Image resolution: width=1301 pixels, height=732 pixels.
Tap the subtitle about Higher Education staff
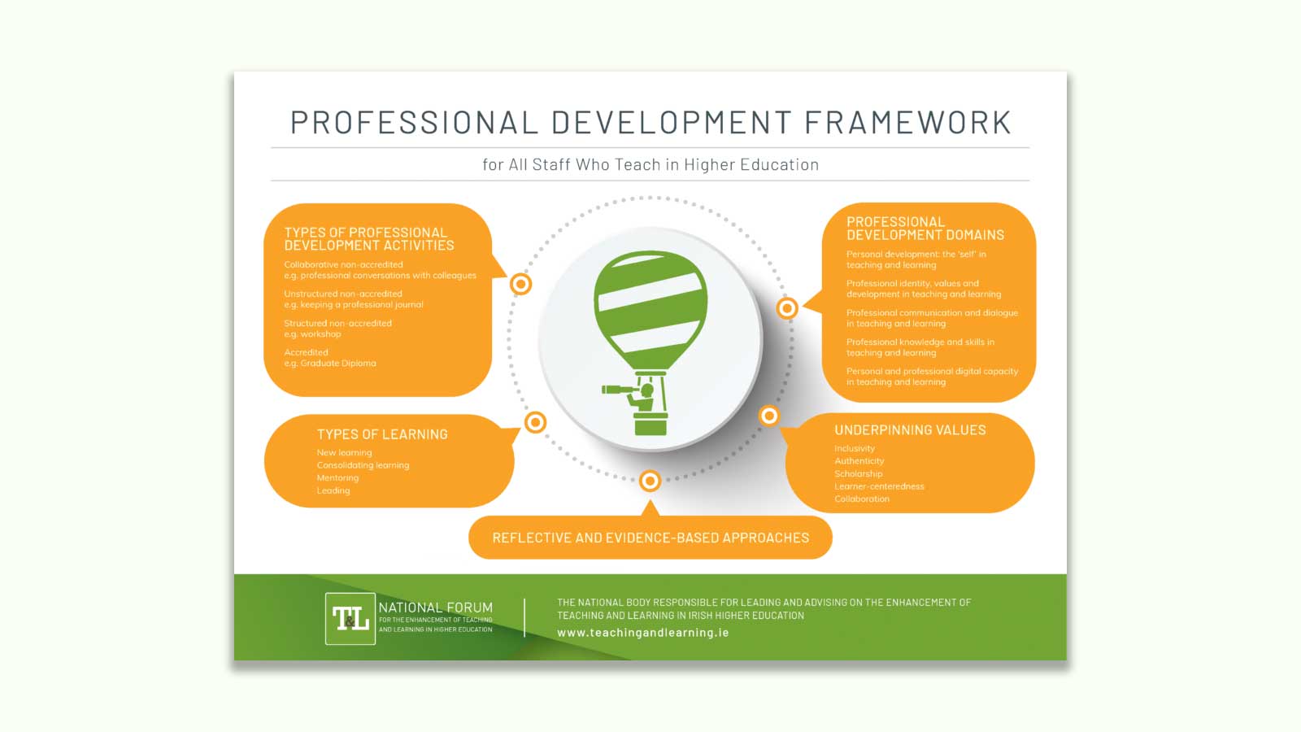click(x=650, y=164)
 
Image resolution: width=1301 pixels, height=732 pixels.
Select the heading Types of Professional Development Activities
click(x=368, y=239)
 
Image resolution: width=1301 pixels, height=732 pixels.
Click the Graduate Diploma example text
click(x=330, y=364)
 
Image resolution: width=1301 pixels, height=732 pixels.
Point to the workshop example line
click(x=313, y=334)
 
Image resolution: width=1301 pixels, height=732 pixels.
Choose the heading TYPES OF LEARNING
click(x=382, y=434)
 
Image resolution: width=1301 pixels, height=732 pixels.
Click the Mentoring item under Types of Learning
click(x=337, y=478)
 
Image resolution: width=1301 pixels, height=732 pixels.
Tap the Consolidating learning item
click(x=363, y=465)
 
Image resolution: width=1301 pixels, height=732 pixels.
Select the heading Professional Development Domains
click(x=925, y=229)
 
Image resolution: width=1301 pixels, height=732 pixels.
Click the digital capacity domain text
click(x=932, y=377)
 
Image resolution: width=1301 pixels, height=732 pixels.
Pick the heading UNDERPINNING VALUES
click(x=910, y=430)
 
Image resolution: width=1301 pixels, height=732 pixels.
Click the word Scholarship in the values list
click(x=858, y=473)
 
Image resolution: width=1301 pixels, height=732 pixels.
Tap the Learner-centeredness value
click(x=879, y=486)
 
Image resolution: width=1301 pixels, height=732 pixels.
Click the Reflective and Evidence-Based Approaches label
click(x=650, y=538)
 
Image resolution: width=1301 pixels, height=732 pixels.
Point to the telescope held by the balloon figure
click(x=620, y=391)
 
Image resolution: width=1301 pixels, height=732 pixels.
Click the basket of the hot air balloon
click(x=650, y=423)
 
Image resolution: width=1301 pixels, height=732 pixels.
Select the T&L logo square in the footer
click(x=350, y=619)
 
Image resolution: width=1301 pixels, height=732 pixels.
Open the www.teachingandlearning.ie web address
click(x=642, y=633)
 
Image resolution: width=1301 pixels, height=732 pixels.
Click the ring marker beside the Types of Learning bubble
click(x=535, y=422)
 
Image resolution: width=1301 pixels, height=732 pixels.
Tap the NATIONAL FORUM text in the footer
click(x=435, y=608)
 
